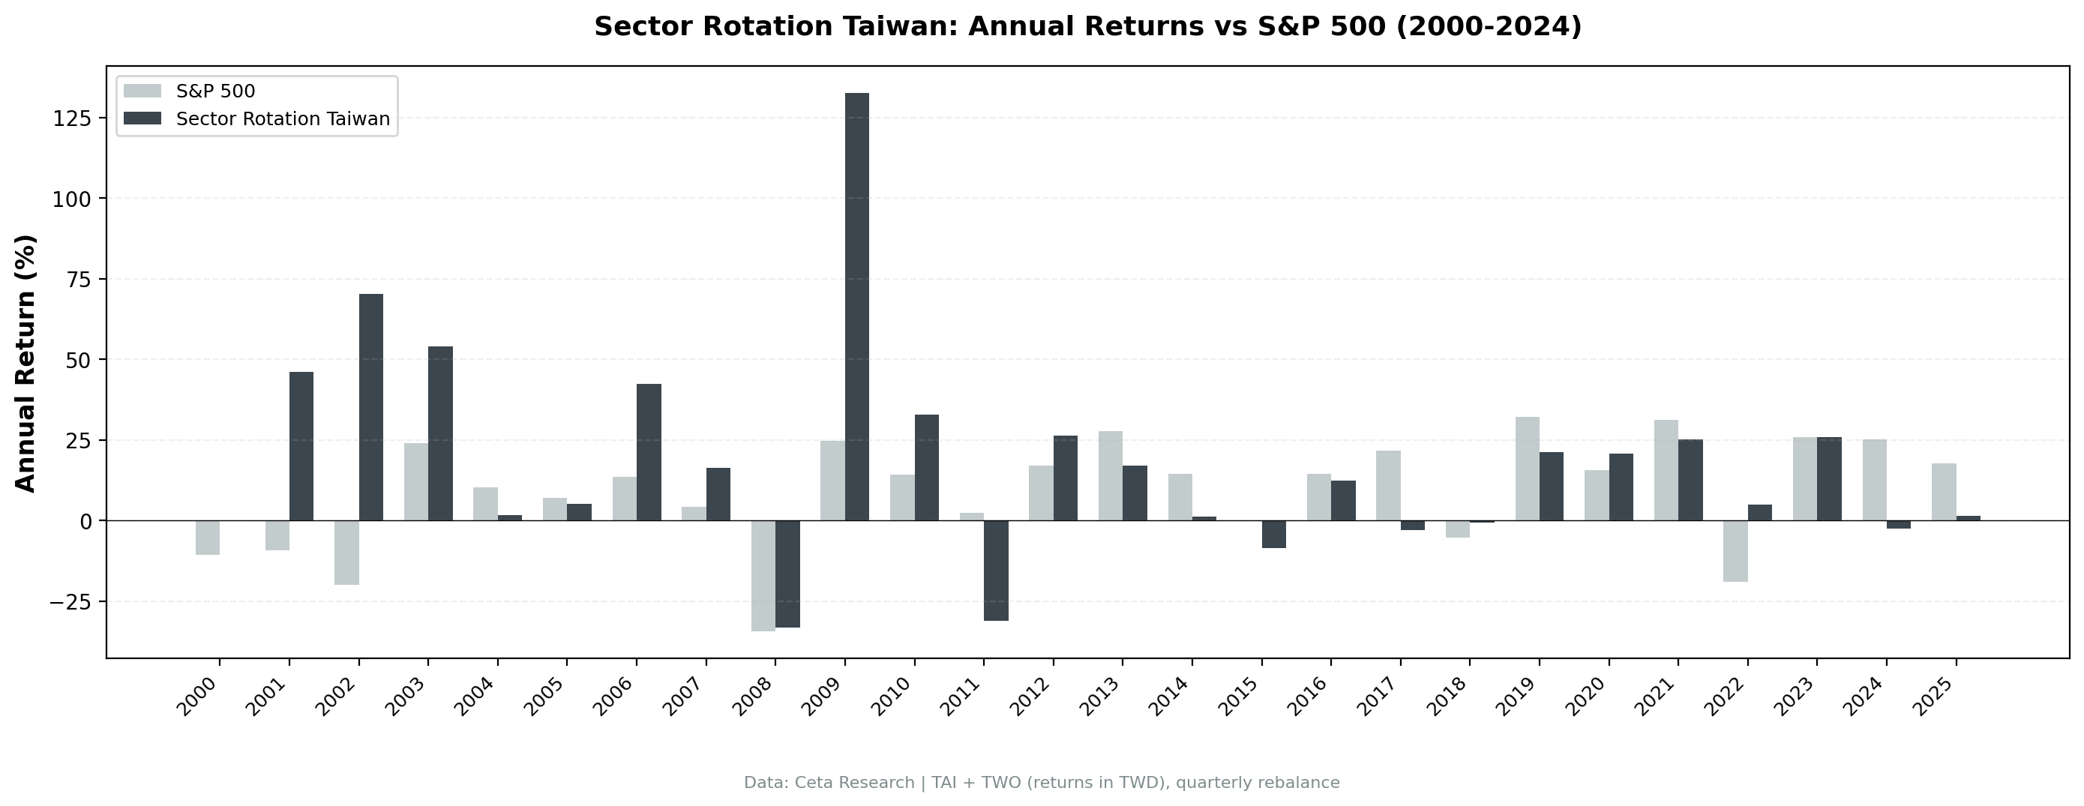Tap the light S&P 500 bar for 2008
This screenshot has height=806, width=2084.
pos(763,575)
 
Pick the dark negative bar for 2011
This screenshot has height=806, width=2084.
pos(996,571)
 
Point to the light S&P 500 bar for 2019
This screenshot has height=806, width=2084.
pos(1527,469)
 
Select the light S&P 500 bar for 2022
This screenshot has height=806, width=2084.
pos(1735,551)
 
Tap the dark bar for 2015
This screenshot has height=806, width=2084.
pos(1273,534)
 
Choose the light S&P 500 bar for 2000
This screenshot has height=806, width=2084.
pos(207,538)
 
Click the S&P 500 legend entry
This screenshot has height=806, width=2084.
pos(215,91)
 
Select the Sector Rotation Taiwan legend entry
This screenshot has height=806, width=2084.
pos(283,119)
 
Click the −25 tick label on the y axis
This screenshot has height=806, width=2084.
pos(70,602)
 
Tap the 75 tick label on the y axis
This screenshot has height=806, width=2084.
pos(73,279)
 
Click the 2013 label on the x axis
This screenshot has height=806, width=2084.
pos(1101,697)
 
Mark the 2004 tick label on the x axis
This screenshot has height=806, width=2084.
pos(475,697)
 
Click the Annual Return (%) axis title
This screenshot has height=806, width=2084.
pos(26,363)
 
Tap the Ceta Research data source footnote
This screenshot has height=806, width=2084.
pos(1042,783)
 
